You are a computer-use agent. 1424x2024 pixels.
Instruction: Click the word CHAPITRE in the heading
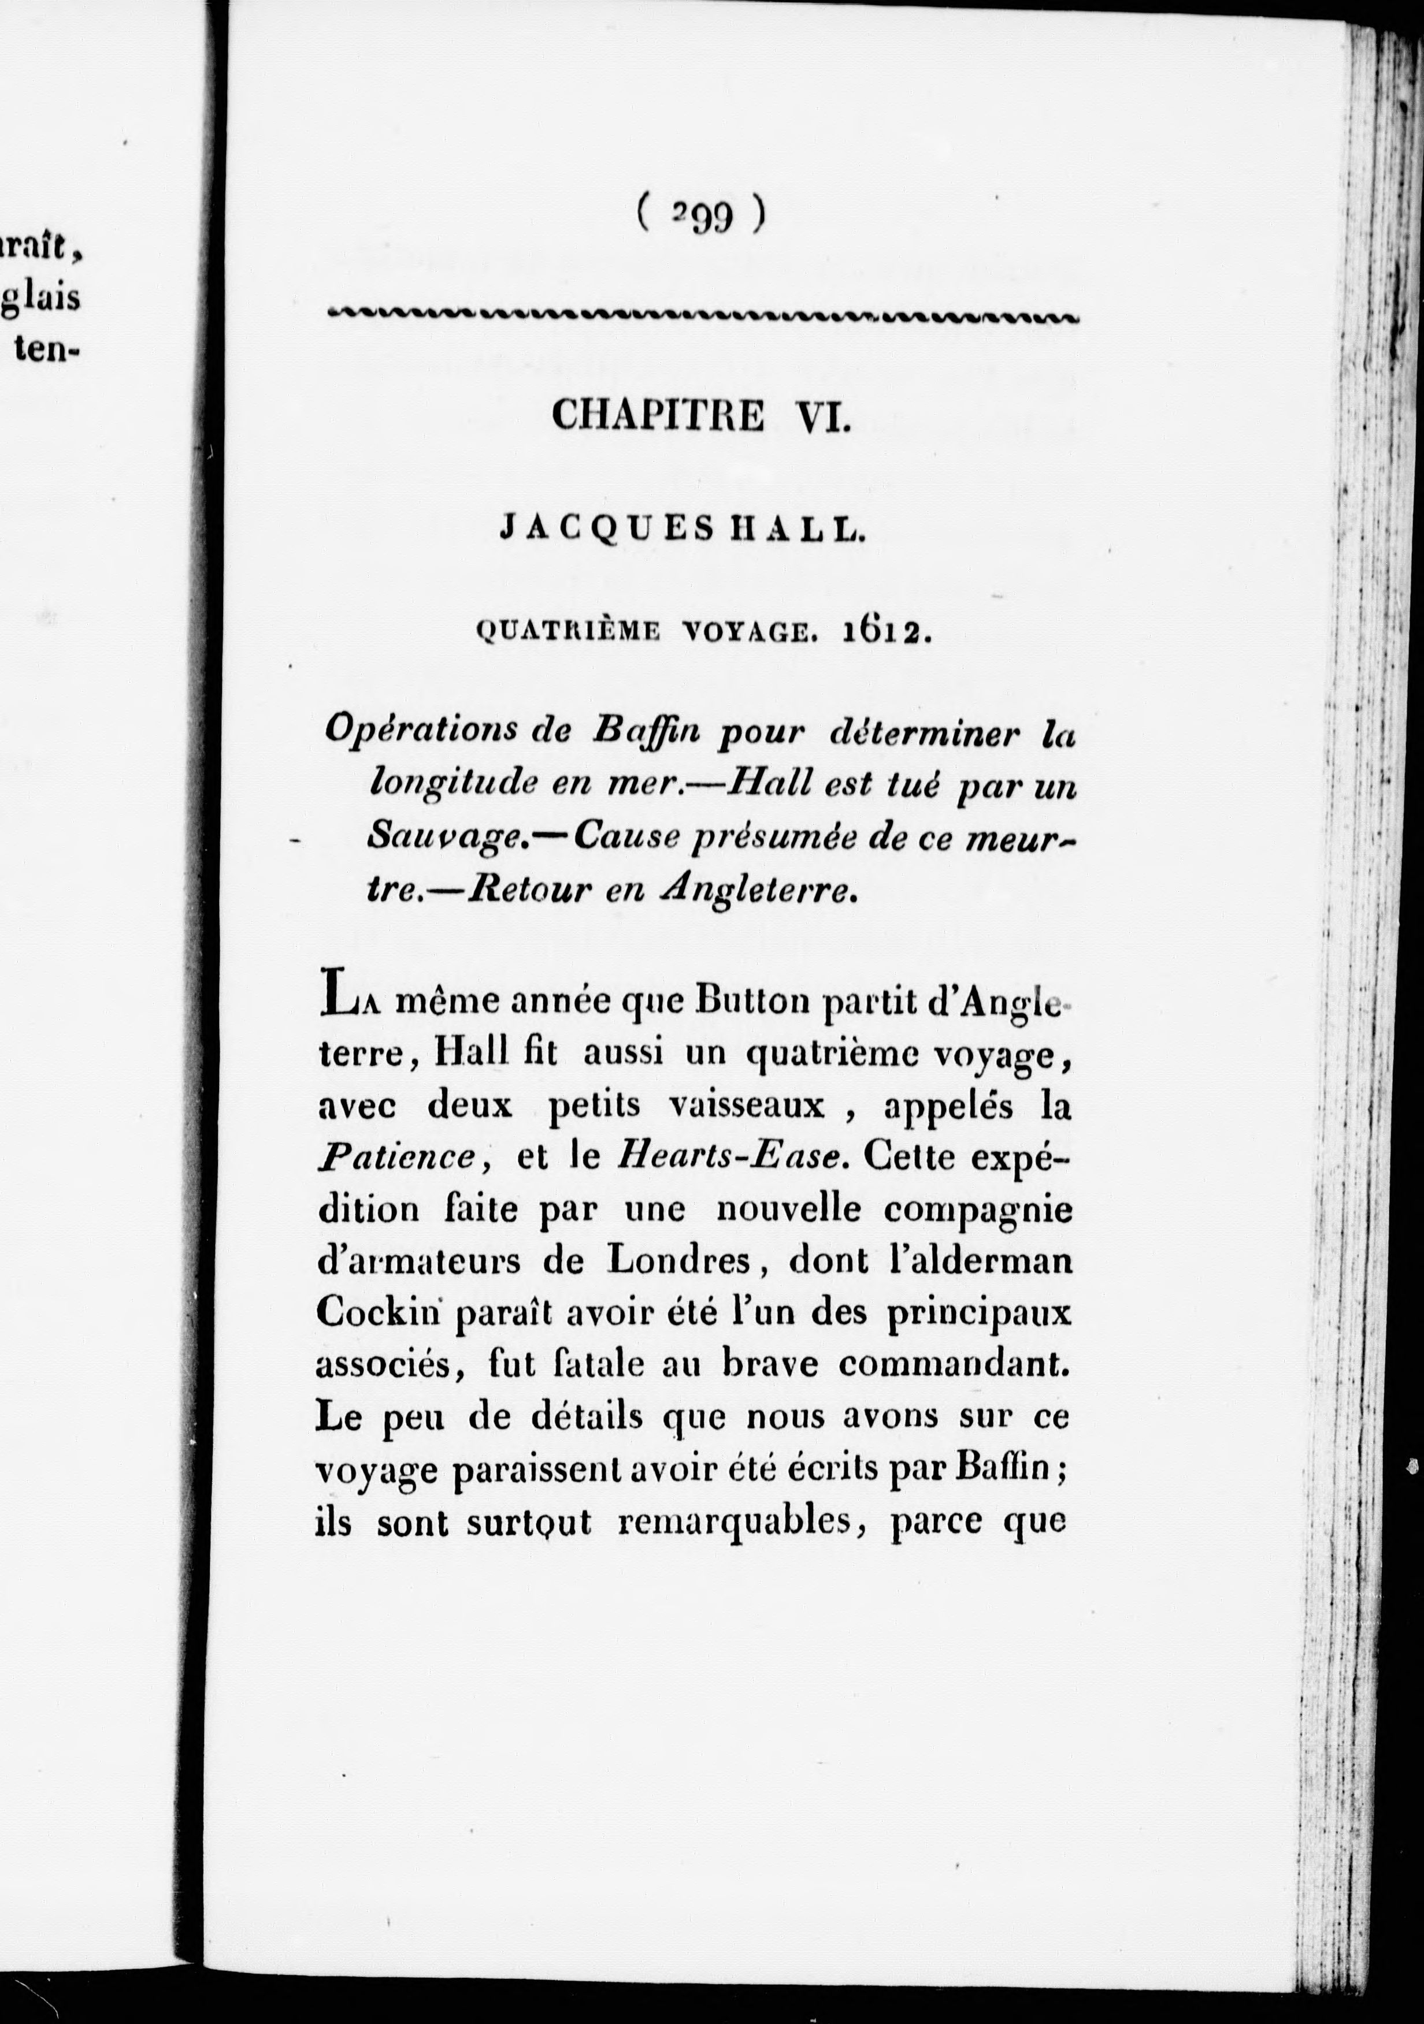click(x=658, y=416)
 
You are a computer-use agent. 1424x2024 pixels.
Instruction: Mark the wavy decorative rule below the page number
click(x=701, y=315)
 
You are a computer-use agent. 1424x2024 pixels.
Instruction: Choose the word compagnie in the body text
click(x=978, y=1210)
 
